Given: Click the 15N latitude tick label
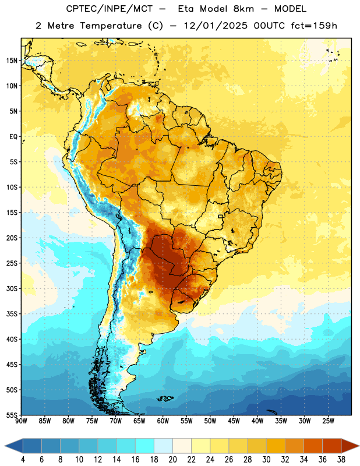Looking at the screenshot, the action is [x=12, y=61].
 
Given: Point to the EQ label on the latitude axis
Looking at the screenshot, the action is [x=13, y=137].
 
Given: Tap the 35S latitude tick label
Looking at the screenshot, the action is [x=12, y=314].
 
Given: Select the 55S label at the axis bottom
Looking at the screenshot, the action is [x=12, y=415].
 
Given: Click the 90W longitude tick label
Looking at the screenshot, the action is [x=21, y=421].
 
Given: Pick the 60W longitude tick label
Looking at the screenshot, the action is [x=163, y=421].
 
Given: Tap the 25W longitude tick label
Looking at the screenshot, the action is [x=328, y=421].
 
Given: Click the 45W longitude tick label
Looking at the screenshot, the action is [x=234, y=421].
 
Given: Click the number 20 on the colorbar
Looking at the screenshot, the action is [x=172, y=460].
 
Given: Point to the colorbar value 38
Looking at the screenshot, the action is [x=341, y=460].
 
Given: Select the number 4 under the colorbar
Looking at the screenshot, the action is [x=23, y=460].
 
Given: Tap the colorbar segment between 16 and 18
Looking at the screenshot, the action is [x=145, y=446].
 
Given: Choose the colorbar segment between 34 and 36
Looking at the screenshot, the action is [x=313, y=446].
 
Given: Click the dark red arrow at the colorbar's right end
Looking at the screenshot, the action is [x=350, y=446].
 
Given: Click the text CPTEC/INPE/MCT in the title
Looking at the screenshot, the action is [x=109, y=9].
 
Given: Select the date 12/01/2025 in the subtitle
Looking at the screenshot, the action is [x=215, y=26].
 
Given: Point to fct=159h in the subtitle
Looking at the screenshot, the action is [x=314, y=26].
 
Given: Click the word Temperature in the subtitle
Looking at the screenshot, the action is [x=111, y=26].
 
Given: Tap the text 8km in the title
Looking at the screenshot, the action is [x=243, y=9].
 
